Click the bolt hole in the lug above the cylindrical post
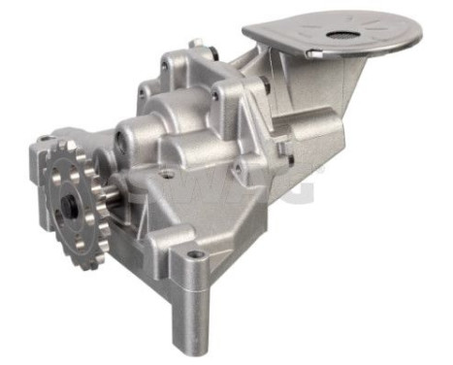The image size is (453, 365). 198,255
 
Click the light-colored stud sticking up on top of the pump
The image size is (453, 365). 196,44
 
